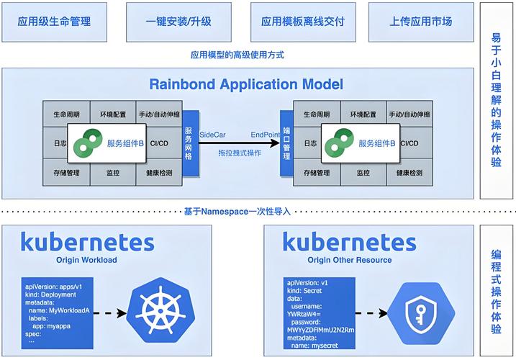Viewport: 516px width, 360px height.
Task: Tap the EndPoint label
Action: point(265,134)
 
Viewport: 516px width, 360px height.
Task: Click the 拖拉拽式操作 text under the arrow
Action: point(240,153)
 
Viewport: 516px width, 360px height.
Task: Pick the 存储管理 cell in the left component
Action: point(66,174)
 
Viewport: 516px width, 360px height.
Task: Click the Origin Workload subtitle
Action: point(87,260)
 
